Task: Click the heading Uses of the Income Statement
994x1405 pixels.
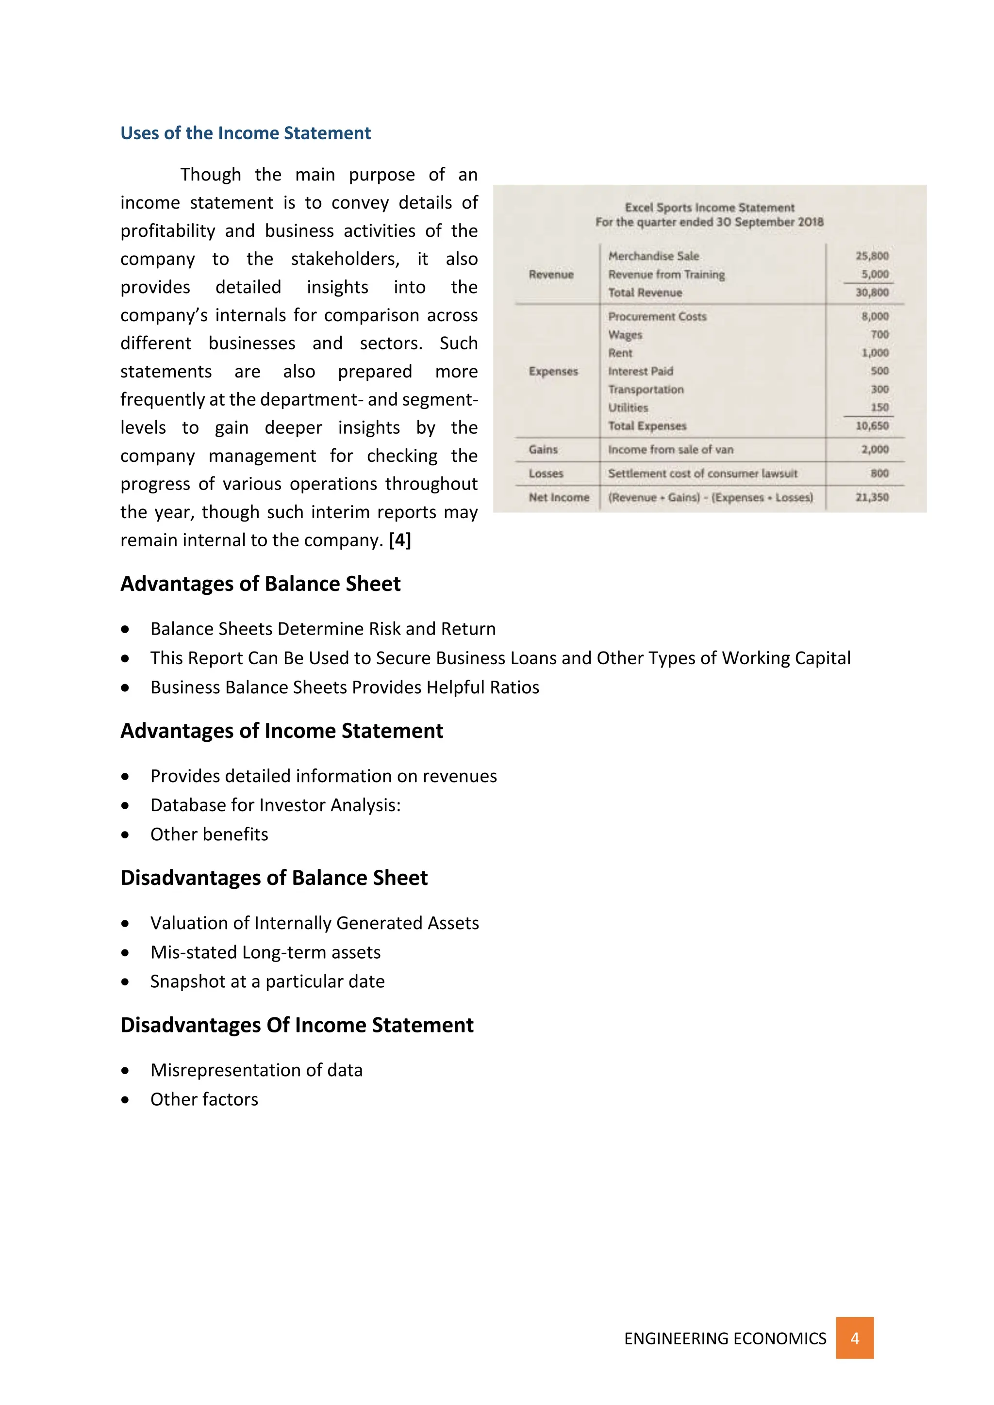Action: click(246, 133)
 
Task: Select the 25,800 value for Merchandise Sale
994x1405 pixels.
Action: click(872, 256)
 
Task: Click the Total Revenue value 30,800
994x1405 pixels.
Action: click(872, 293)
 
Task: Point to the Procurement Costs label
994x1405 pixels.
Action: click(657, 316)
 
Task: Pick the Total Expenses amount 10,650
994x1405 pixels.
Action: click(872, 425)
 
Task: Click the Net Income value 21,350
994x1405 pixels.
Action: click(872, 497)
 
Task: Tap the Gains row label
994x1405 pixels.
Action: click(543, 449)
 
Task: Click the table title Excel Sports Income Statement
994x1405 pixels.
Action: click(710, 208)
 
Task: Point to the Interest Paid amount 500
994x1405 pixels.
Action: click(879, 371)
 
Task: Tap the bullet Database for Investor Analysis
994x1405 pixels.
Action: click(275, 805)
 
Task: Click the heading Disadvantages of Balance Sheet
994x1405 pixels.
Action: click(274, 878)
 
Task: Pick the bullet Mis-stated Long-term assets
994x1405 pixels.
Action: click(265, 952)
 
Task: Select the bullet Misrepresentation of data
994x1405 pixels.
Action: click(256, 1070)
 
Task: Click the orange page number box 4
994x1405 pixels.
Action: click(854, 1339)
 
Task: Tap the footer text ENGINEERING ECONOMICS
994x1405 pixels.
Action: click(725, 1339)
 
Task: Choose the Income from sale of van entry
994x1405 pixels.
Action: click(670, 449)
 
